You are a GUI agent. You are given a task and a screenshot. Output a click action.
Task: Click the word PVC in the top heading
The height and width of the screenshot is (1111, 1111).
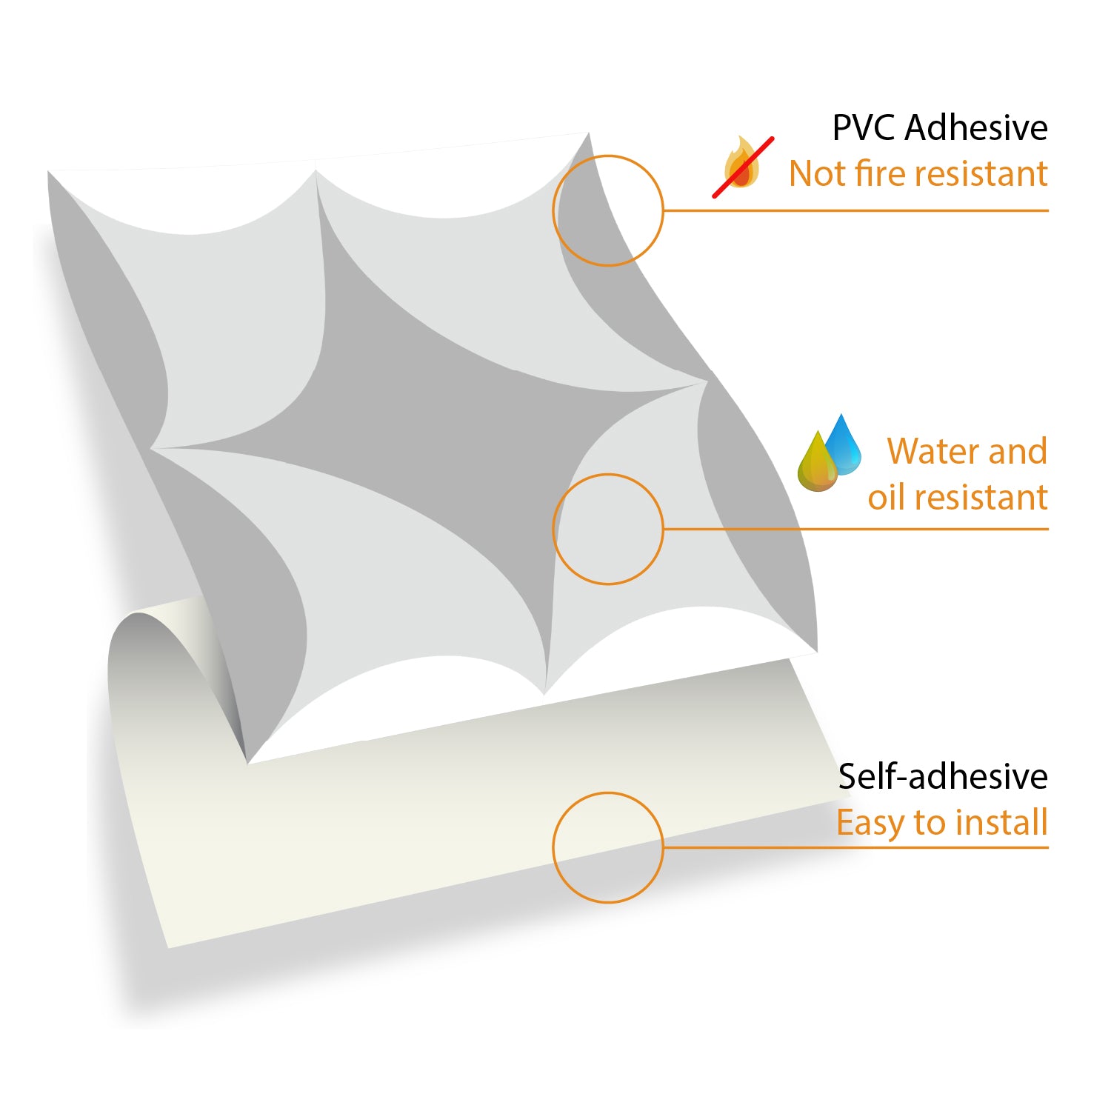tap(864, 127)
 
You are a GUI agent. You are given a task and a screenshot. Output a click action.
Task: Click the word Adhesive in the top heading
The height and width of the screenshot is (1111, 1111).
tap(977, 127)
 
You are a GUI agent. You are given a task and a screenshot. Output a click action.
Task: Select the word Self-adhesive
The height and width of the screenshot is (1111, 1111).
tap(943, 776)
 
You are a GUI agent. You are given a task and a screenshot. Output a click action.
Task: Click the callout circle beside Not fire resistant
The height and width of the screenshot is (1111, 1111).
tap(608, 156)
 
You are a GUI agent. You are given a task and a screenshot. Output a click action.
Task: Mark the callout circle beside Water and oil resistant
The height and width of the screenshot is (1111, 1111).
tap(608, 475)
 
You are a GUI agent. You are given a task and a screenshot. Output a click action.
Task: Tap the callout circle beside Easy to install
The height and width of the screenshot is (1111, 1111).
tap(608, 793)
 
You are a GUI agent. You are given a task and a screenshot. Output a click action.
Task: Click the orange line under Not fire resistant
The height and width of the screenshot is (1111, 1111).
tap(856, 210)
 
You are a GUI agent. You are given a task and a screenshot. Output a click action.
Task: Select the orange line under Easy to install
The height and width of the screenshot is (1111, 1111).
tap(856, 847)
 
